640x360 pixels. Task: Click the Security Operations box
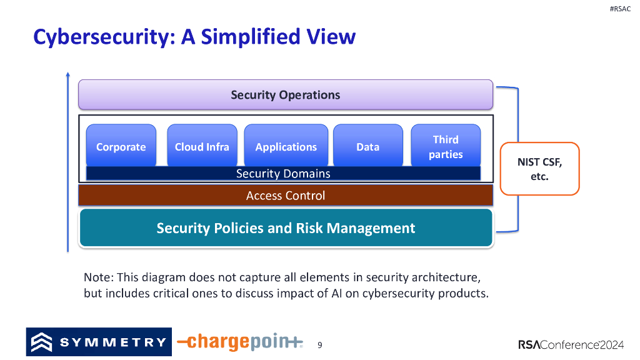[x=285, y=95]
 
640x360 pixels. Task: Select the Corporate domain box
[x=121, y=146]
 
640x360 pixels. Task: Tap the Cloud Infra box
[x=202, y=146]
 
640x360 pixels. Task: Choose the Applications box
[x=286, y=146]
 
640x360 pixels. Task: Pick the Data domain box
[x=367, y=146]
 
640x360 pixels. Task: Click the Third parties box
[x=446, y=146]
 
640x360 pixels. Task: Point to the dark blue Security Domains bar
[x=283, y=174]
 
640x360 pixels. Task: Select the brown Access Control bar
[x=285, y=196]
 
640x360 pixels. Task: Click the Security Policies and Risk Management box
[x=286, y=228]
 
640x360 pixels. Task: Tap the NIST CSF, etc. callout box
[x=540, y=169]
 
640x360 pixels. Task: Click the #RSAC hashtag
[x=619, y=9]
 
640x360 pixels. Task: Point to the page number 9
[x=320, y=344]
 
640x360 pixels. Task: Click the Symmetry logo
[x=99, y=342]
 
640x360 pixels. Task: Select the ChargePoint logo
[x=240, y=342]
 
